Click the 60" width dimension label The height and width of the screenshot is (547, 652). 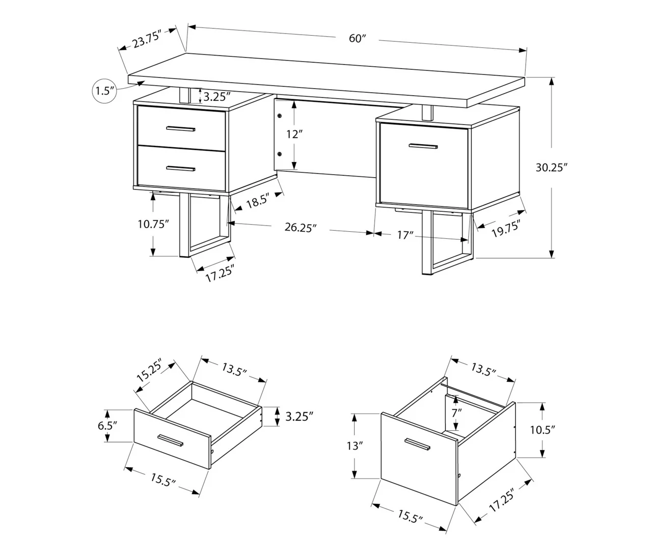pyautogui.click(x=358, y=38)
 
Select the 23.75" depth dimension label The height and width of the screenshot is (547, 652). pyautogui.click(x=147, y=39)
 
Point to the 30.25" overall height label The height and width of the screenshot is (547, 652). pyautogui.click(x=551, y=168)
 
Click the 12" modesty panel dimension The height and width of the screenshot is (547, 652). pyautogui.click(x=294, y=134)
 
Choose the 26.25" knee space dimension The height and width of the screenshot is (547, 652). pyautogui.click(x=301, y=228)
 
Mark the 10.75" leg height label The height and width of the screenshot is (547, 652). pyautogui.click(x=153, y=224)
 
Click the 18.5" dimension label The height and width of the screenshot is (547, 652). pyautogui.click(x=257, y=201)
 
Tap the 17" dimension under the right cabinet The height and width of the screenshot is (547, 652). pyautogui.click(x=405, y=235)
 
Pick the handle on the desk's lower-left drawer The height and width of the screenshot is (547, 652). pyautogui.click(x=180, y=168)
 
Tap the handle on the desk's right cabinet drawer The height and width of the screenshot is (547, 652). pyautogui.click(x=423, y=147)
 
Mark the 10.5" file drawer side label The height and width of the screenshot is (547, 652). pyautogui.click(x=542, y=429)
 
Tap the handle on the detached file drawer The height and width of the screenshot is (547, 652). pyautogui.click(x=417, y=444)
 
